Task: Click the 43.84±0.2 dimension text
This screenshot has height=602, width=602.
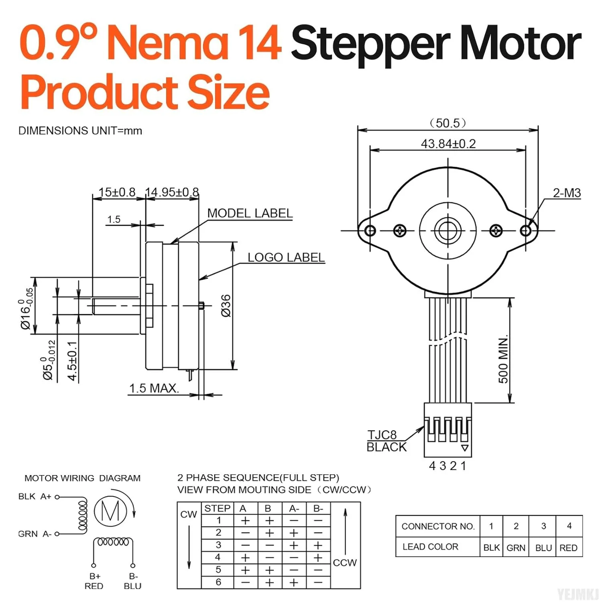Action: coord(448,144)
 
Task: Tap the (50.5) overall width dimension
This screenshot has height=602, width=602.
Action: coord(448,123)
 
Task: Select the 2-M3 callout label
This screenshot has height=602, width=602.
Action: coord(566,193)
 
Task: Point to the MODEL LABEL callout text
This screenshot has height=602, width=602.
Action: coord(250,213)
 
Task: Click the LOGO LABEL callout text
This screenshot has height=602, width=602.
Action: coord(286,257)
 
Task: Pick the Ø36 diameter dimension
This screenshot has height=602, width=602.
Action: coord(226,305)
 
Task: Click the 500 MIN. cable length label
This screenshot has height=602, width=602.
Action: coord(503,359)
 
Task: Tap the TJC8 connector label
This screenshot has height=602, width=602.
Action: coord(382,435)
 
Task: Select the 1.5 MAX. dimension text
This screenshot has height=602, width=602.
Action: coord(154,388)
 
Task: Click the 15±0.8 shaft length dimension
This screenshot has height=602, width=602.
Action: coord(117,192)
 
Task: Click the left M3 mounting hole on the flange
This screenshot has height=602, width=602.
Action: coord(370,230)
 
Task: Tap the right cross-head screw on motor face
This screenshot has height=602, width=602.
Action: coord(496,230)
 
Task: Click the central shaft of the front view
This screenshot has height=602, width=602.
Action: coord(447,230)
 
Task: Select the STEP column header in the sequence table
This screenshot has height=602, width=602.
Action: coord(217,508)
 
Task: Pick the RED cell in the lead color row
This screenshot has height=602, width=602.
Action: coord(568,547)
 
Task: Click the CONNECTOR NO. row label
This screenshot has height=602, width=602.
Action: coord(437,526)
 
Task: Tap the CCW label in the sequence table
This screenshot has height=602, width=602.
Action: coord(344,563)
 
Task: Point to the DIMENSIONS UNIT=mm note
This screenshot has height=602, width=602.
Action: coord(80,131)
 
